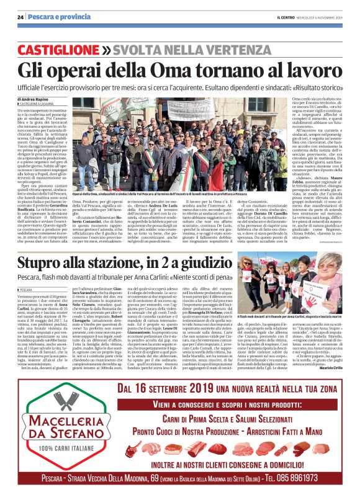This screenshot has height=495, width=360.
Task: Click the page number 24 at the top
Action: [x=20, y=16]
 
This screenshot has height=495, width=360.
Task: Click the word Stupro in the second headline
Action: [x=48, y=264]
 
